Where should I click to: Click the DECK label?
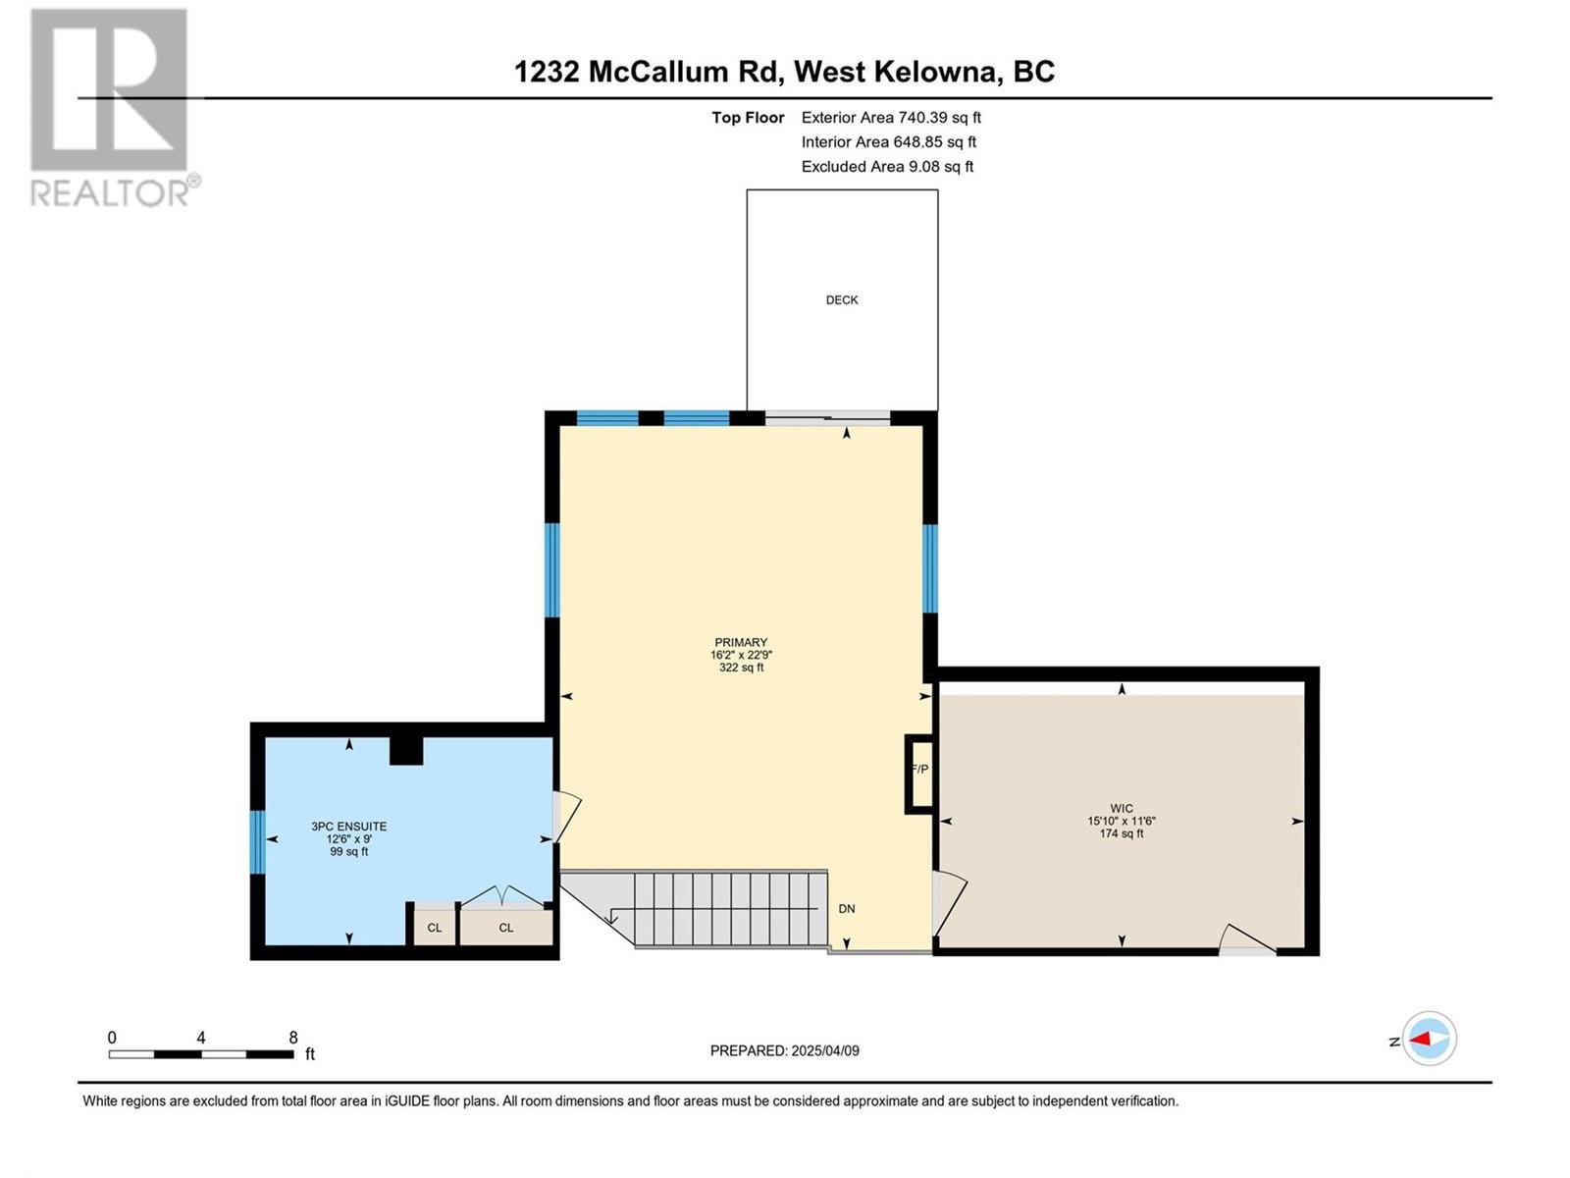[842, 300]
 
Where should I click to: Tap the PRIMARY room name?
[741, 642]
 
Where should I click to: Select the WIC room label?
[1122, 809]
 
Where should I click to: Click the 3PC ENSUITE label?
[349, 827]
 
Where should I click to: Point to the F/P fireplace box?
[919, 774]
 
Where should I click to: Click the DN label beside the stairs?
[847, 909]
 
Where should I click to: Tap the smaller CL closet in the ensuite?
[434, 927]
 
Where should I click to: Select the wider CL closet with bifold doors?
[506, 927]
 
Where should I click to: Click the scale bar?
[202, 1054]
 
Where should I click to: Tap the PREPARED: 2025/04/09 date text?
[785, 1050]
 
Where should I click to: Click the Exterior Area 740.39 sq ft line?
[891, 117]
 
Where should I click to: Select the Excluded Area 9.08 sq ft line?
[888, 167]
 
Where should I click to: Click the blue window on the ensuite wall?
[257, 842]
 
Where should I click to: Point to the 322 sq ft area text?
[742, 668]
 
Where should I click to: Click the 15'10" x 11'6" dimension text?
[1122, 821]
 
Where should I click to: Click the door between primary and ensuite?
[566, 816]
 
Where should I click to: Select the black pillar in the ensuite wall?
[406, 750]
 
